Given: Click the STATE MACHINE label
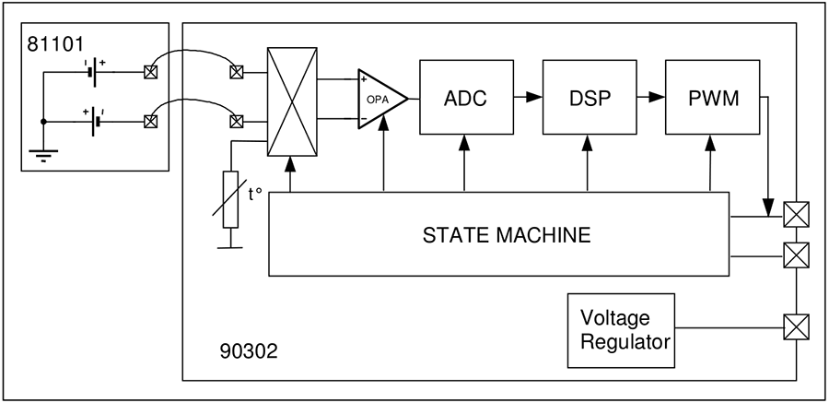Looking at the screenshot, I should click(x=506, y=234).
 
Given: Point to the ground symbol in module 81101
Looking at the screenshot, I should click(x=43, y=153).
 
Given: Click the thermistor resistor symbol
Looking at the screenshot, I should click(x=230, y=199).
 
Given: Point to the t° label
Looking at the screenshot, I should click(x=256, y=196).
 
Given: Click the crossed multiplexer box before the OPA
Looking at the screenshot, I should click(x=291, y=101).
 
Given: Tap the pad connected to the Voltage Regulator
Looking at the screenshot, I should click(x=793, y=325).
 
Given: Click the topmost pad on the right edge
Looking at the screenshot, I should click(x=793, y=215).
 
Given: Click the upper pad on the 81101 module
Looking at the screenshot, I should click(x=149, y=70).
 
